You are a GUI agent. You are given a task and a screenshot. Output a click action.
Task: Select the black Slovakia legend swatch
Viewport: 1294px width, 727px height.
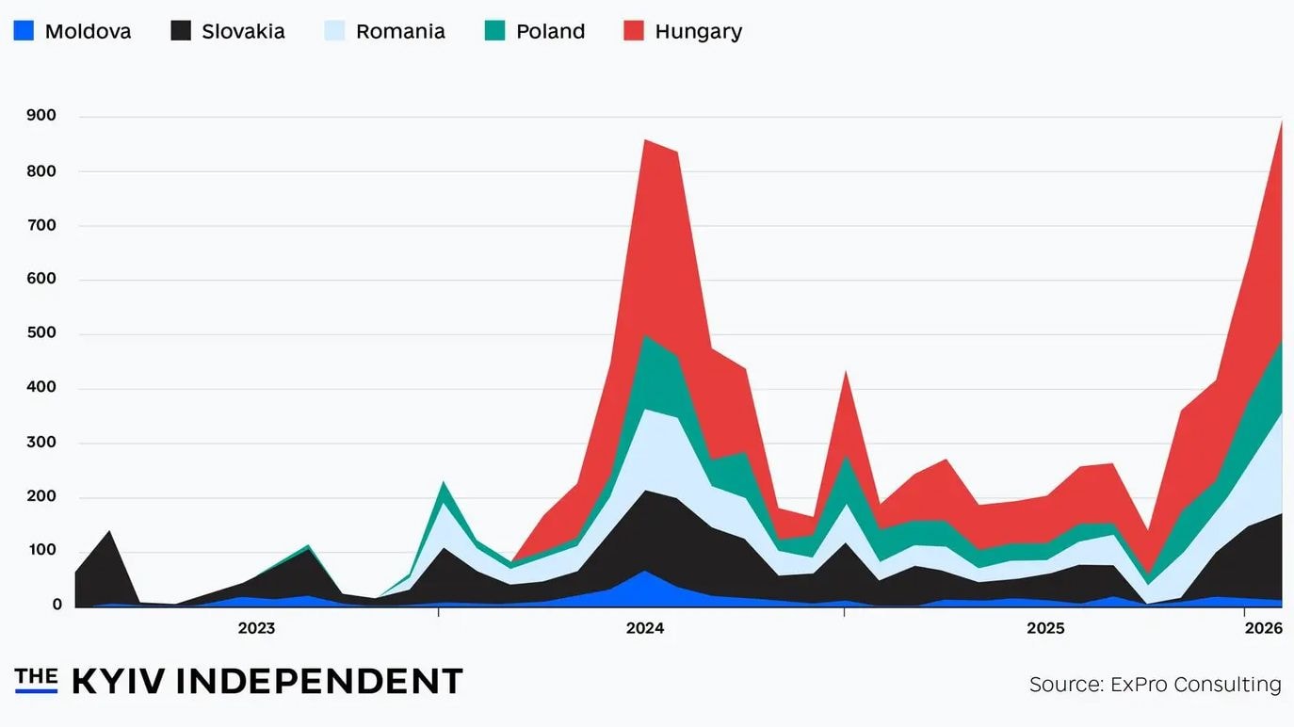(x=181, y=31)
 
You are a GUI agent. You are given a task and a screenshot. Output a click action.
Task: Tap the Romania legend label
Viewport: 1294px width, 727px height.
(x=400, y=31)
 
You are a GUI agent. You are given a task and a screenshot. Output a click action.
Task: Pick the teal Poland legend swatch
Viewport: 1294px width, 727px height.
(x=495, y=31)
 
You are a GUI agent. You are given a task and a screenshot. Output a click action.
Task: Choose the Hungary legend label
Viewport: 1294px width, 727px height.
(x=698, y=31)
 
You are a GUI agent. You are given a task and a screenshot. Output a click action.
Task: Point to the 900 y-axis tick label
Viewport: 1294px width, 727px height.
(x=41, y=116)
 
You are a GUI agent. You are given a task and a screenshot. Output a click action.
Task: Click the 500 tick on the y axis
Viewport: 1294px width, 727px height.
(x=41, y=333)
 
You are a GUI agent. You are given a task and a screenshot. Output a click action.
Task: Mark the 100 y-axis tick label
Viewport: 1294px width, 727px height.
(x=41, y=550)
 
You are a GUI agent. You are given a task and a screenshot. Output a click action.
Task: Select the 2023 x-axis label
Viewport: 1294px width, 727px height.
(x=256, y=628)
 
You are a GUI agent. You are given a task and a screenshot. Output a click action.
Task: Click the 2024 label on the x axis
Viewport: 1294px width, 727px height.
(x=645, y=628)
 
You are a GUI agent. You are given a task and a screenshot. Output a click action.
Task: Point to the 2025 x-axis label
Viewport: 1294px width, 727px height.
(x=1045, y=628)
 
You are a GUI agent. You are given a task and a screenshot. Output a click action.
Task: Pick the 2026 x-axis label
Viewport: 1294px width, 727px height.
(x=1264, y=628)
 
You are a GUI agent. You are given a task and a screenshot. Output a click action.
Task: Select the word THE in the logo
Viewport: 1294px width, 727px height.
(x=36, y=675)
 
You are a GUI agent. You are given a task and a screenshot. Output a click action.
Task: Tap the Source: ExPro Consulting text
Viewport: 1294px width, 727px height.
(x=1155, y=685)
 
